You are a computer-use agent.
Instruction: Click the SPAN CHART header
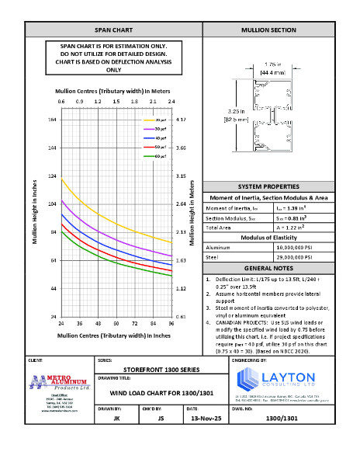pyautogui.click(x=113, y=30)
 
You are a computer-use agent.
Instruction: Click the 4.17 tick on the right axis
pyautogui.click(x=180, y=120)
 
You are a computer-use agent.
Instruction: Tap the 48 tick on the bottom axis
pyautogui.click(x=98, y=322)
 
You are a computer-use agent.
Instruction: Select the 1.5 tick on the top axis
pyautogui.click(x=115, y=102)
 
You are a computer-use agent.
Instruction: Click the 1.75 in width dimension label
pyautogui.click(x=272, y=65)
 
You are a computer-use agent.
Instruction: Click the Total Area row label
pyautogui.click(x=220, y=227)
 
